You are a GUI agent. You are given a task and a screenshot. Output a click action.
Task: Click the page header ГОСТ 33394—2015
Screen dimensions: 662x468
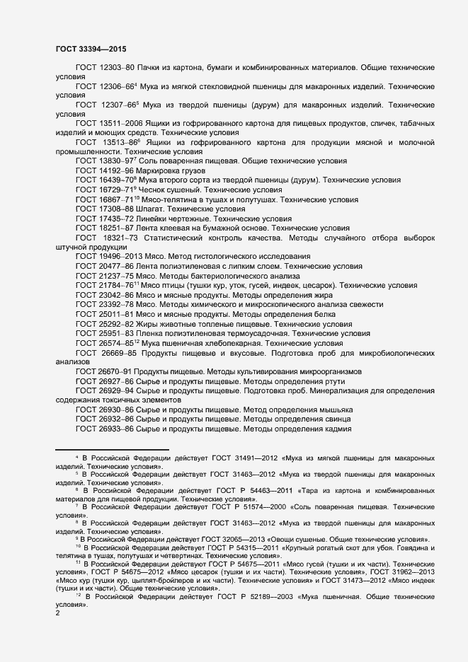tap(91, 49)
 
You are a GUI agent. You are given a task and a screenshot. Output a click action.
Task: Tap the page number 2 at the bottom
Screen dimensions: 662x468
tap(57, 613)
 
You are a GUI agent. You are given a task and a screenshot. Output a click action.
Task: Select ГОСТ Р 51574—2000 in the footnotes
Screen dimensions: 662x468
tap(241, 508)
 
